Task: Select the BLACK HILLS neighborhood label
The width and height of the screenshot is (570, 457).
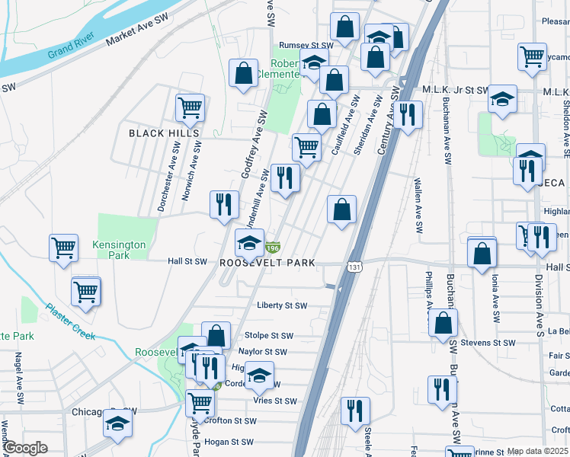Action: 164,133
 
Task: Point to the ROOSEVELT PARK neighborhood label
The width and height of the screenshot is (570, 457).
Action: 267,263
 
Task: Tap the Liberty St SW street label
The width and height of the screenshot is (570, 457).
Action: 281,305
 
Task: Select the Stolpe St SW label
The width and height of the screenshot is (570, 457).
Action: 268,335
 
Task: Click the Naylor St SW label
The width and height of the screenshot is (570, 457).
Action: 262,352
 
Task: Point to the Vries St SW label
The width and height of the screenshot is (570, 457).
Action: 274,401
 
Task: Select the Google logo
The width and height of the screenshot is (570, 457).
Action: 25,447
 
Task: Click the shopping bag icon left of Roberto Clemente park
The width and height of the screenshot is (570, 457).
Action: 243,74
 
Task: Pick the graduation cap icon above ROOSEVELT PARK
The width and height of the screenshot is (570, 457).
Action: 249,243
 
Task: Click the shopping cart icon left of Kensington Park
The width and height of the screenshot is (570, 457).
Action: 63,247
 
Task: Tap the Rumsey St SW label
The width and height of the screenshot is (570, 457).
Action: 306,46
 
